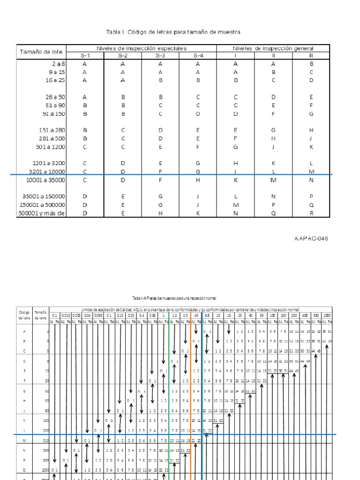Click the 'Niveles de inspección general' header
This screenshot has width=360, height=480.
point(273,48)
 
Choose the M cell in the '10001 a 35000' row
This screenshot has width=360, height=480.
point(273,180)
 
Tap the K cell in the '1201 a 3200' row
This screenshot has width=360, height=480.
point(273,163)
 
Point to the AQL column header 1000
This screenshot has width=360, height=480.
point(326,315)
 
